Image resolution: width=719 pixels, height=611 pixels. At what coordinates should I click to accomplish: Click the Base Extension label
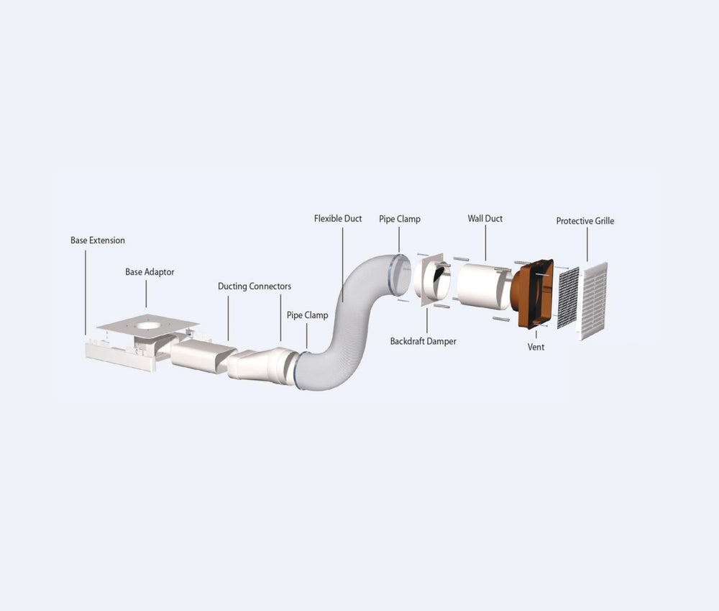click(x=97, y=240)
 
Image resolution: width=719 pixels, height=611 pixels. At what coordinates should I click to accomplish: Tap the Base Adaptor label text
click(x=150, y=272)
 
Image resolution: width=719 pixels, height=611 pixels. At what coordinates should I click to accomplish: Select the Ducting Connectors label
click(x=254, y=286)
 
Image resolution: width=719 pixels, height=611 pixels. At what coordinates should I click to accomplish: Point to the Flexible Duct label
click(x=338, y=218)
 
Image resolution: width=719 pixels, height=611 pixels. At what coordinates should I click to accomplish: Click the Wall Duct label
click(x=485, y=218)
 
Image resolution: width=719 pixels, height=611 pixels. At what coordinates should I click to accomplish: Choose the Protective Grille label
click(x=585, y=221)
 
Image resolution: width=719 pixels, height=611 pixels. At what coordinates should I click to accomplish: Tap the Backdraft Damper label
click(x=423, y=341)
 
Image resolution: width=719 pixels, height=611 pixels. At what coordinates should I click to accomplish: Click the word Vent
click(x=536, y=347)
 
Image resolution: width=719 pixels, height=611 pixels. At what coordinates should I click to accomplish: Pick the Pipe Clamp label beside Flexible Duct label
click(x=400, y=218)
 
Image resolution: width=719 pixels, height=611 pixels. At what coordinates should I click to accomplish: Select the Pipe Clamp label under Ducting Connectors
click(x=307, y=315)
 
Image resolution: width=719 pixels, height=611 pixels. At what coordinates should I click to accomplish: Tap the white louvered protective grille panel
click(x=594, y=300)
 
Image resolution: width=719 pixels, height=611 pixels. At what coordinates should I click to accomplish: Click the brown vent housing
click(x=533, y=294)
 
